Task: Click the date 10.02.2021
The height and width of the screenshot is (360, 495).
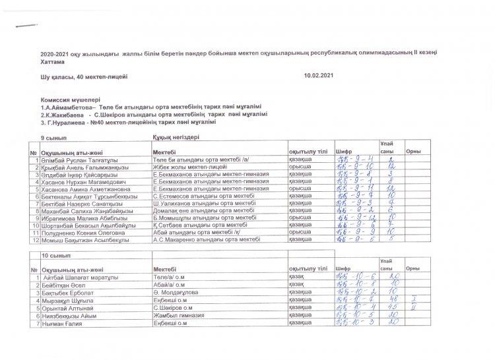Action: coord(319,78)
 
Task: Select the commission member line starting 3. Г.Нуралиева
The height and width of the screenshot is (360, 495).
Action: coord(127,122)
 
